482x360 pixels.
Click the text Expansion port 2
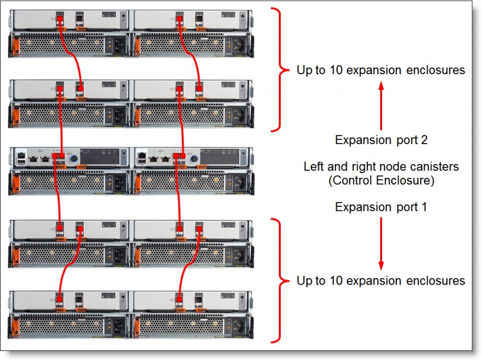tap(381, 141)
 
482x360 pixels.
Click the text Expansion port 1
tap(381, 207)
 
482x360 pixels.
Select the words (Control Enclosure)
tap(381, 180)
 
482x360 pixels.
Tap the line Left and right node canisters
tap(381, 166)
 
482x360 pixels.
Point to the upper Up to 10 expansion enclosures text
tap(381, 70)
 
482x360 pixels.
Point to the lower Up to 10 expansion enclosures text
tap(381, 281)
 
